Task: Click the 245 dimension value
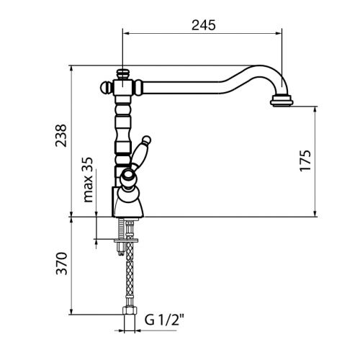pos(204,25)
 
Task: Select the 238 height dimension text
pos(61,135)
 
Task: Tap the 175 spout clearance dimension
pos(305,161)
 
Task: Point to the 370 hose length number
pos(61,264)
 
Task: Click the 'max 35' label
pos(88,180)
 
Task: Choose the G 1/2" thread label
pos(164,320)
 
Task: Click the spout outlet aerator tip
pos(282,100)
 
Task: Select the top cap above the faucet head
pos(123,74)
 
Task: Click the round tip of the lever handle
pos(146,140)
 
